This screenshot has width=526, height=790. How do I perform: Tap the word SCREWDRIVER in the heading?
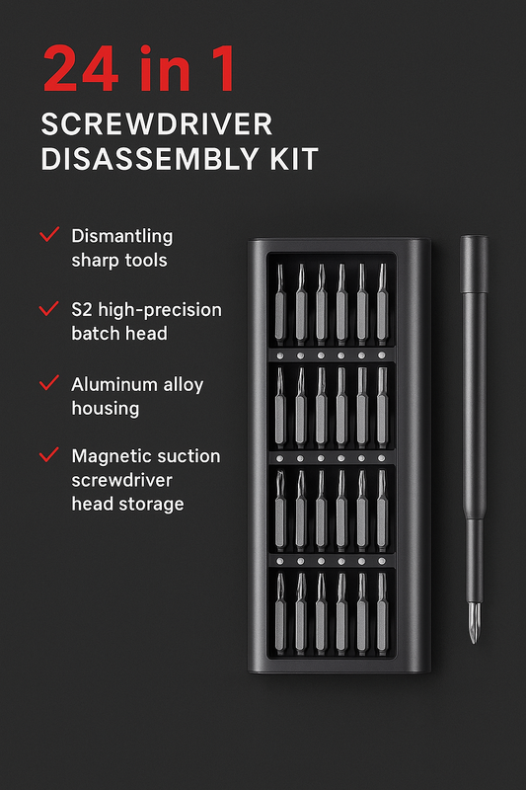(157, 125)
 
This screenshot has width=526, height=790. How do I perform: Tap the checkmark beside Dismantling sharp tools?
(48, 236)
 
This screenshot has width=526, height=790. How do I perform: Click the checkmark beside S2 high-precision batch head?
(48, 309)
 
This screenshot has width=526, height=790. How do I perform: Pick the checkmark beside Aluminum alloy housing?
(48, 382)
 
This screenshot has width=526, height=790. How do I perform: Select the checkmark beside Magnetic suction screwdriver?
(48, 455)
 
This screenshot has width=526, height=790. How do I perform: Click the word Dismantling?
(121, 236)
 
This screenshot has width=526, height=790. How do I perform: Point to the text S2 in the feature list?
(82, 310)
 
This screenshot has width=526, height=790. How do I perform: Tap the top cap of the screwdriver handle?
(474, 242)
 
